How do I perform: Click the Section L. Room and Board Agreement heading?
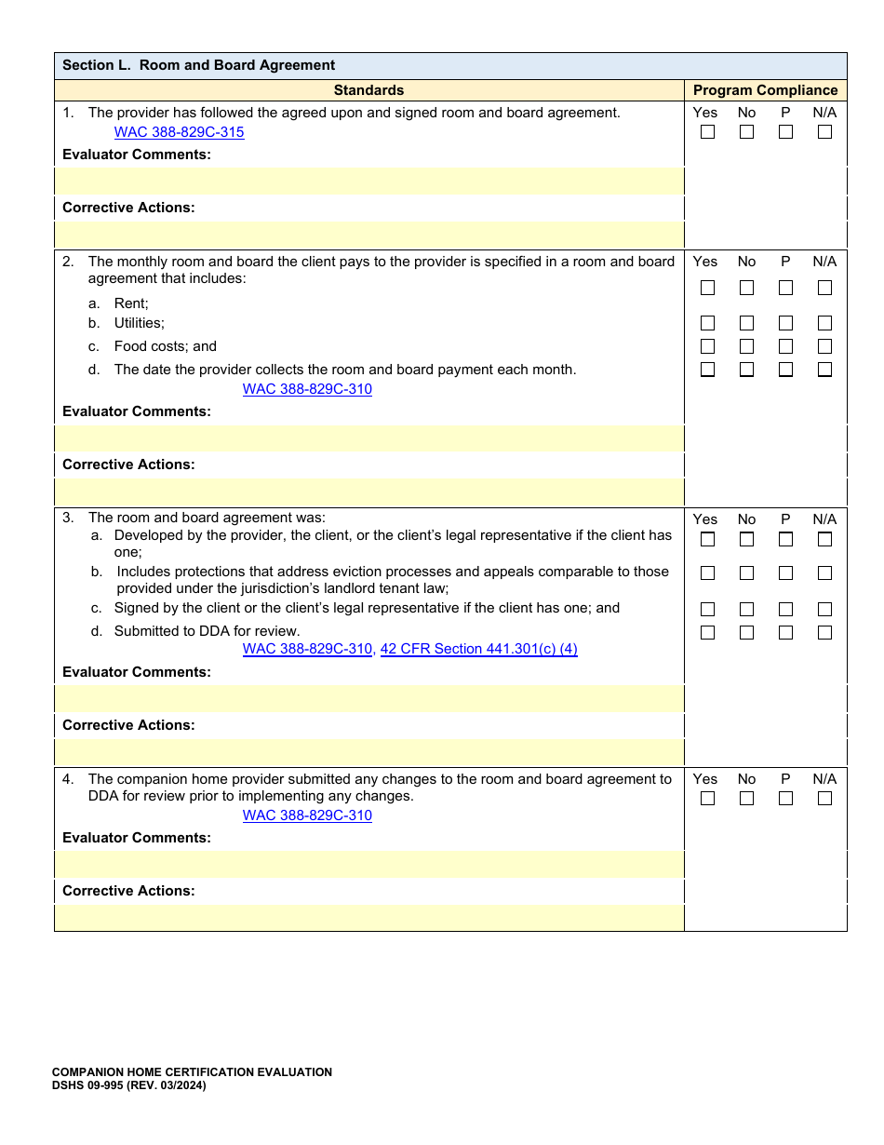coord(198,65)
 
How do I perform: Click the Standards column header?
coord(368,90)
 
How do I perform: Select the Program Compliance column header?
coord(765,90)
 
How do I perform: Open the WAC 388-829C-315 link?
coord(179,132)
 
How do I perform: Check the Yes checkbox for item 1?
coord(707,132)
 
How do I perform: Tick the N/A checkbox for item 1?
coord(824,132)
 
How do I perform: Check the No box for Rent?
coord(746,288)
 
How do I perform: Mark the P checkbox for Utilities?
coord(785,323)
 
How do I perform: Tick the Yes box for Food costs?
coord(707,346)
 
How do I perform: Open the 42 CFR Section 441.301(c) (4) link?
coord(478,649)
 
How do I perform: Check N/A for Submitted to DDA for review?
coord(824,632)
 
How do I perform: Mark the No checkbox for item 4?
coord(746,798)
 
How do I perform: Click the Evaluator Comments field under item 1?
coord(369,181)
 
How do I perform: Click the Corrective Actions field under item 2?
coord(369,492)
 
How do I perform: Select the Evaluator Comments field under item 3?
coord(369,698)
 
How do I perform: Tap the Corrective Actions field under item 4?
coord(369,918)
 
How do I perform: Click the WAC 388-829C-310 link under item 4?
coord(307,815)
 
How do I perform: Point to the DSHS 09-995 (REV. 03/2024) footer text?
coord(128,1085)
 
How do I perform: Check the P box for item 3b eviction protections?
coord(785,573)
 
